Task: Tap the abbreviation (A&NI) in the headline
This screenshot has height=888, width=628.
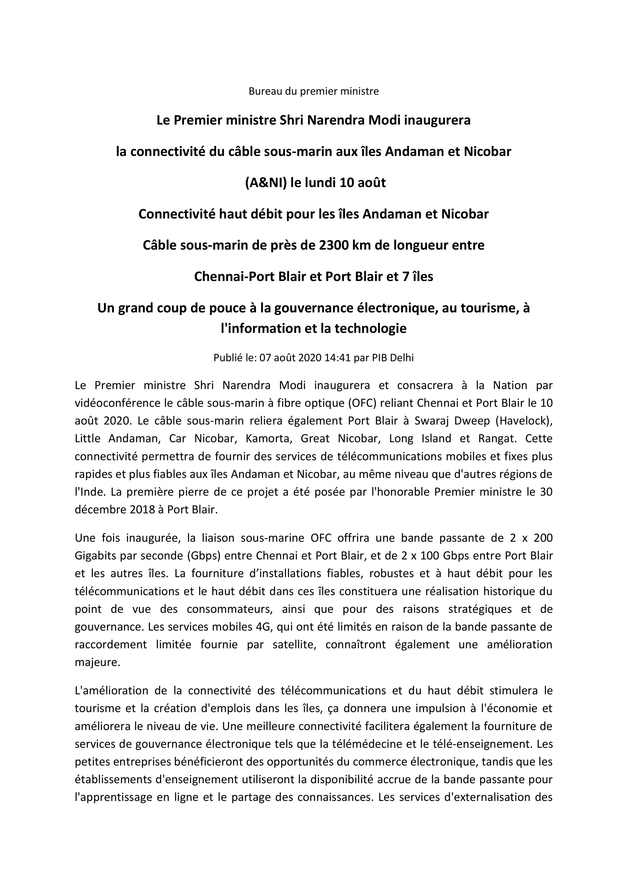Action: (265, 182)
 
